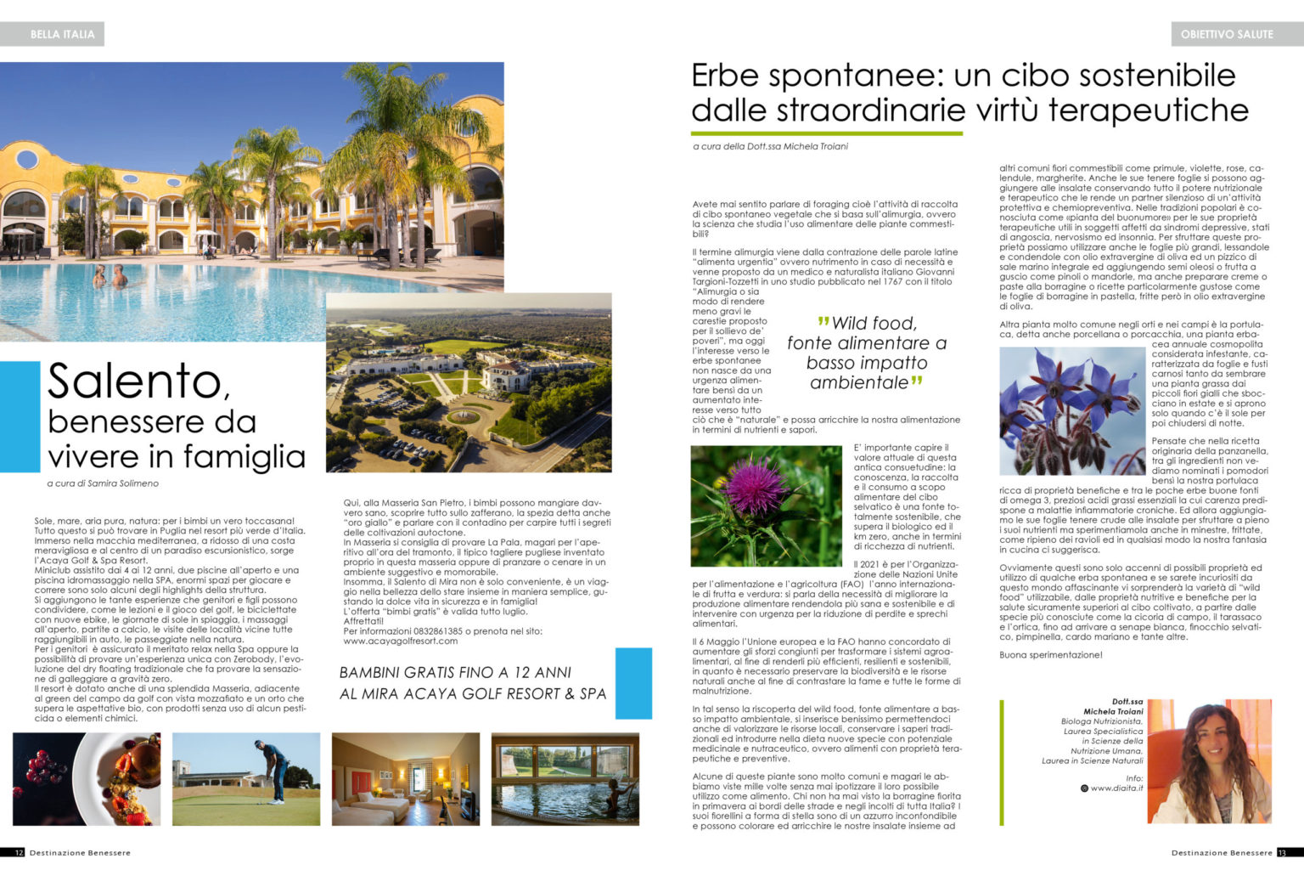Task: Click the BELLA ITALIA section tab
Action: pyautogui.click(x=62, y=34)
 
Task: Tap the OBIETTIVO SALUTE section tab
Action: pyautogui.click(x=1227, y=34)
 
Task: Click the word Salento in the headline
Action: pyautogui.click(x=139, y=381)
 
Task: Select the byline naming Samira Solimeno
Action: pyautogui.click(x=103, y=483)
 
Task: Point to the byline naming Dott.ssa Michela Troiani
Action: pyautogui.click(x=770, y=146)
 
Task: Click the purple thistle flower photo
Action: pyautogui.click(x=766, y=506)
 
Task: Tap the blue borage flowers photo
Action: pyautogui.click(x=1071, y=410)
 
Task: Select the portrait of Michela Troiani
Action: pyautogui.click(x=1210, y=761)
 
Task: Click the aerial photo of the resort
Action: pyautogui.click(x=469, y=382)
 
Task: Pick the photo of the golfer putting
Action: pyautogui.click(x=246, y=779)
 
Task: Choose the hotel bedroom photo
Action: pyautogui.click(x=405, y=779)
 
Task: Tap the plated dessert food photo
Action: pyautogui.click(x=87, y=779)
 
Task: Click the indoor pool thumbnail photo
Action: pyautogui.click(x=565, y=779)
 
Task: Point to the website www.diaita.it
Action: pyautogui.click(x=1116, y=788)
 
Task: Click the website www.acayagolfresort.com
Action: pyautogui.click(x=400, y=641)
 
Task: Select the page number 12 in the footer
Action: pyautogui.click(x=19, y=853)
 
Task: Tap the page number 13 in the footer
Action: pyautogui.click(x=1284, y=853)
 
